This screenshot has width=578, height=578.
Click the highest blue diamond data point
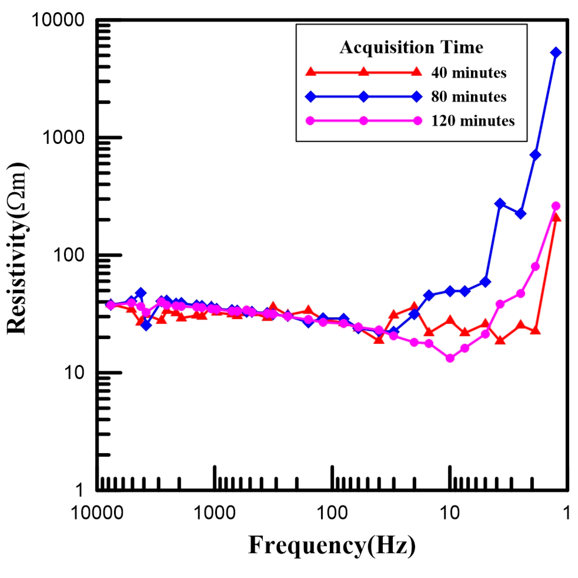(x=556, y=53)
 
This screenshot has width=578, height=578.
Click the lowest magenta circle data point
(x=450, y=358)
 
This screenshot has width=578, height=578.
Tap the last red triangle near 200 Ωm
(x=556, y=218)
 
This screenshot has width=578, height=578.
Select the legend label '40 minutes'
(x=469, y=73)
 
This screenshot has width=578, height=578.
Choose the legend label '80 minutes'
(x=469, y=97)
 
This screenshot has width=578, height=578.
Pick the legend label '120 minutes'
(x=473, y=121)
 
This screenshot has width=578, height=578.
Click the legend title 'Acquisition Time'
(x=411, y=47)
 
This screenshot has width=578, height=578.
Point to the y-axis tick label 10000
(x=58, y=20)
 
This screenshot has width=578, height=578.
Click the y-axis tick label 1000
(x=63, y=137)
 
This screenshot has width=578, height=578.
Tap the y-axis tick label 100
(x=69, y=255)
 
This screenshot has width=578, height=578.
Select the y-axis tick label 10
(x=74, y=373)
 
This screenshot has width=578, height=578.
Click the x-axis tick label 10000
(x=97, y=513)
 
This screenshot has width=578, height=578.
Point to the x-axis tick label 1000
(x=214, y=513)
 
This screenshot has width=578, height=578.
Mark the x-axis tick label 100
(x=332, y=513)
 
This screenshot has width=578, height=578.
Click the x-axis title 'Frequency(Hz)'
(x=332, y=545)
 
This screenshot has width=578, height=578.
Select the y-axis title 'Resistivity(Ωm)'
(x=17, y=248)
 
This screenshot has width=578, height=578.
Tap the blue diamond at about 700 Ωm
(x=535, y=155)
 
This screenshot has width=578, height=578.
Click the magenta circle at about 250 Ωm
(x=556, y=206)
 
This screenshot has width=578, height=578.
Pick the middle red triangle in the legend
(x=364, y=72)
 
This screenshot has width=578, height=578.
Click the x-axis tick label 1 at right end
(x=567, y=513)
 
